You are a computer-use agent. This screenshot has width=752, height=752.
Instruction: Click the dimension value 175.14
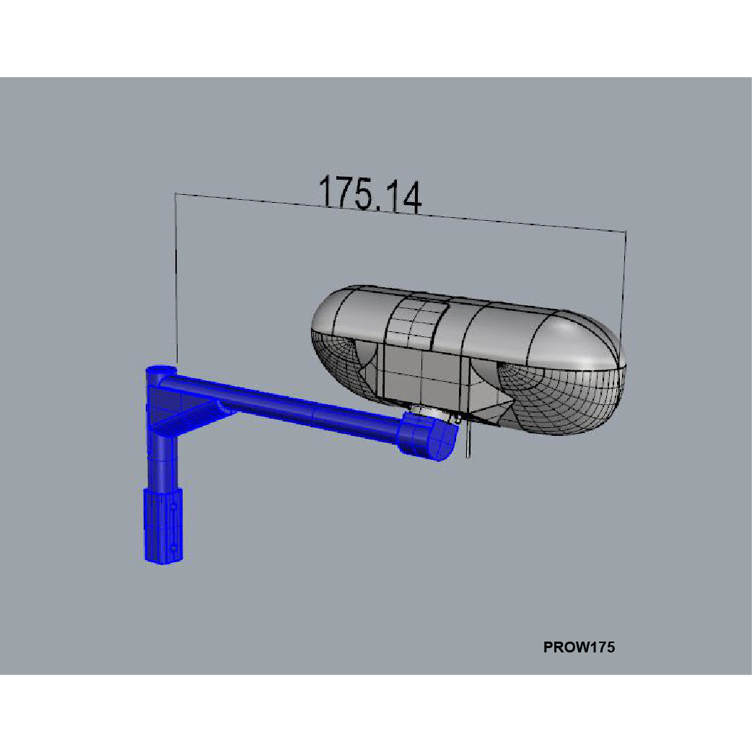370,194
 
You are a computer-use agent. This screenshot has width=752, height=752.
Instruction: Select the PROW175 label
579,647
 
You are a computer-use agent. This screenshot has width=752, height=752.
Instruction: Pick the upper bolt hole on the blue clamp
174,508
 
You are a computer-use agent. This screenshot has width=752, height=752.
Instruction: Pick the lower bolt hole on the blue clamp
174,548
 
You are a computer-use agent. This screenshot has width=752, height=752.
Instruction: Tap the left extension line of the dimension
175,281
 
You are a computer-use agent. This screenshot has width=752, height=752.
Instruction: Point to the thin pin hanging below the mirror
469,440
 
